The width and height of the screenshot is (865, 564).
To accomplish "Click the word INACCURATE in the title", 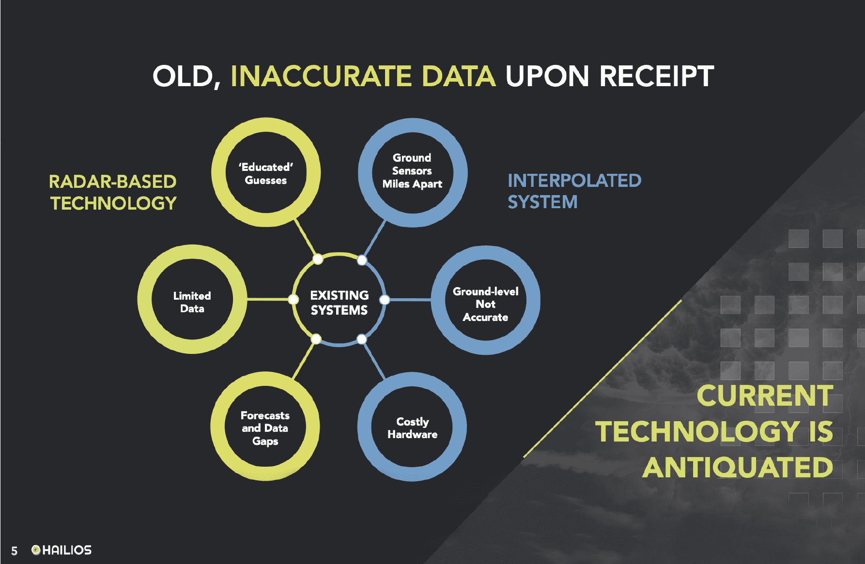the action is (x=321, y=76).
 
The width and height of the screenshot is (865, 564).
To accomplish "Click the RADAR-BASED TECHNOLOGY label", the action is (x=113, y=192).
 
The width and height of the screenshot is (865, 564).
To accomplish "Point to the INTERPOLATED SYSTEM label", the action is (x=574, y=191).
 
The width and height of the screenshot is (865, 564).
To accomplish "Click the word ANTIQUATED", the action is (x=738, y=468).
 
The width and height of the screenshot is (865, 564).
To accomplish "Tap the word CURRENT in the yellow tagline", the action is (x=765, y=396).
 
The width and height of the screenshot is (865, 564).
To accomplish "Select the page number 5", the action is (x=15, y=551).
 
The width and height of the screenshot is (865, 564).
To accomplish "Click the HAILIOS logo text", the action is (x=67, y=550).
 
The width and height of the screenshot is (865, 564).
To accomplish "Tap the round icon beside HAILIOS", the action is (x=36, y=549).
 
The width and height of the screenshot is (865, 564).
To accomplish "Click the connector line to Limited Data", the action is (x=270, y=299).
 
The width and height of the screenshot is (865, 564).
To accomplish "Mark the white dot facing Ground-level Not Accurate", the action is (x=385, y=300).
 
